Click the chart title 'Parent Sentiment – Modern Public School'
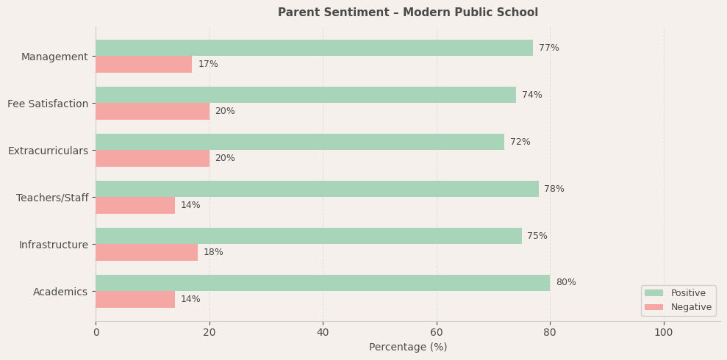[x=407, y=12]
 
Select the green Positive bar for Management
[x=314, y=48]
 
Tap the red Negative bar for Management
[x=143, y=65]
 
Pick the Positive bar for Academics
[x=323, y=283]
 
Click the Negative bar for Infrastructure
[x=146, y=253]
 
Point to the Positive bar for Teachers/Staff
[x=317, y=189]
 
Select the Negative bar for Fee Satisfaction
[x=152, y=112]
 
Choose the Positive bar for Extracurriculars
[x=300, y=142]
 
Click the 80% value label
[x=565, y=283]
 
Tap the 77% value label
[x=548, y=48]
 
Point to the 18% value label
[x=213, y=253]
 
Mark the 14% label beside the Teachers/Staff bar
[x=190, y=206]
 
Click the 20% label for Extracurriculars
[x=225, y=159]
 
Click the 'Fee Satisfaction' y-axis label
[x=48, y=104]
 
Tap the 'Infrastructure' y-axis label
[x=54, y=245]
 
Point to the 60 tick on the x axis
[x=437, y=333]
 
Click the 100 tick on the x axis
[x=664, y=333]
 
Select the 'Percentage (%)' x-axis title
[x=407, y=348]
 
